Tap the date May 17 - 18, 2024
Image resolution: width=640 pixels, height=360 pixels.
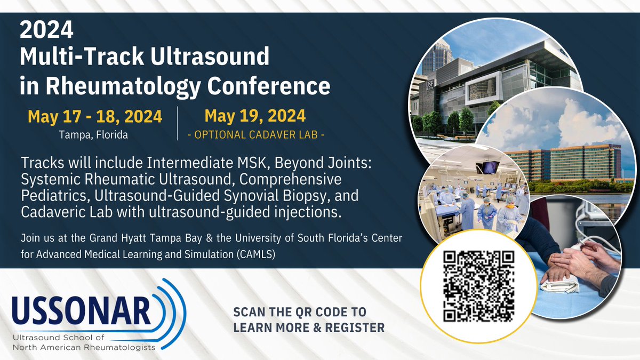[x=94, y=117]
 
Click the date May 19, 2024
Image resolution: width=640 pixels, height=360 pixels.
[x=255, y=116]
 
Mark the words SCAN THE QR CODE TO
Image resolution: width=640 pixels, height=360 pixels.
[x=300, y=312]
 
